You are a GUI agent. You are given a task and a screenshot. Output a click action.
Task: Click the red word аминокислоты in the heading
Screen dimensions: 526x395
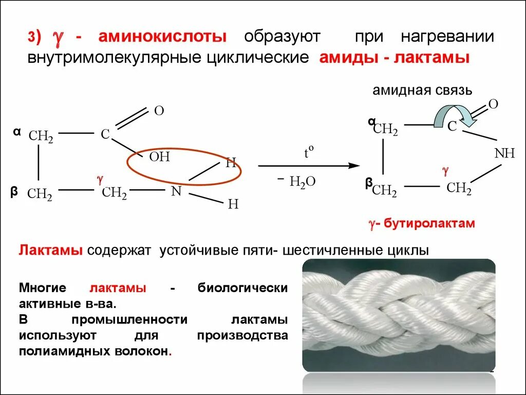click(x=162, y=37)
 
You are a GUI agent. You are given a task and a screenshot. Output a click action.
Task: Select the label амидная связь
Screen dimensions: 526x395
click(x=422, y=91)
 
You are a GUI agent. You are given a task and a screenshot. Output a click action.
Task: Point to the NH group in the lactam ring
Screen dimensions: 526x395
click(x=504, y=153)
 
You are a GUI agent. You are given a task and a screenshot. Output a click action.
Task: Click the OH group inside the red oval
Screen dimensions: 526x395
click(x=159, y=157)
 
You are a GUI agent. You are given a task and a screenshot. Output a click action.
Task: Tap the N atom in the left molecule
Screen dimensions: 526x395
click(x=176, y=191)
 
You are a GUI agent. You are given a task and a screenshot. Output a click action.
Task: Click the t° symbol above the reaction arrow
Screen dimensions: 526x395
click(x=308, y=153)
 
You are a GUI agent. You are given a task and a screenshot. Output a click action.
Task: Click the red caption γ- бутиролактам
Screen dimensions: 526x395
click(x=421, y=224)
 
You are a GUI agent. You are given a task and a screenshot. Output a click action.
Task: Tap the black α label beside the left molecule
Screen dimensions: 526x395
click(x=17, y=132)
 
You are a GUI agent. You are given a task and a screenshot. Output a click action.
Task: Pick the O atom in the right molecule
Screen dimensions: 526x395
click(x=493, y=104)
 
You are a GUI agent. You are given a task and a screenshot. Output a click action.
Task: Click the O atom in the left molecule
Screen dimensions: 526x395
click(x=159, y=111)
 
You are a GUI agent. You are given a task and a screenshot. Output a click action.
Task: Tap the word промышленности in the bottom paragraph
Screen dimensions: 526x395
click(x=129, y=319)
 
